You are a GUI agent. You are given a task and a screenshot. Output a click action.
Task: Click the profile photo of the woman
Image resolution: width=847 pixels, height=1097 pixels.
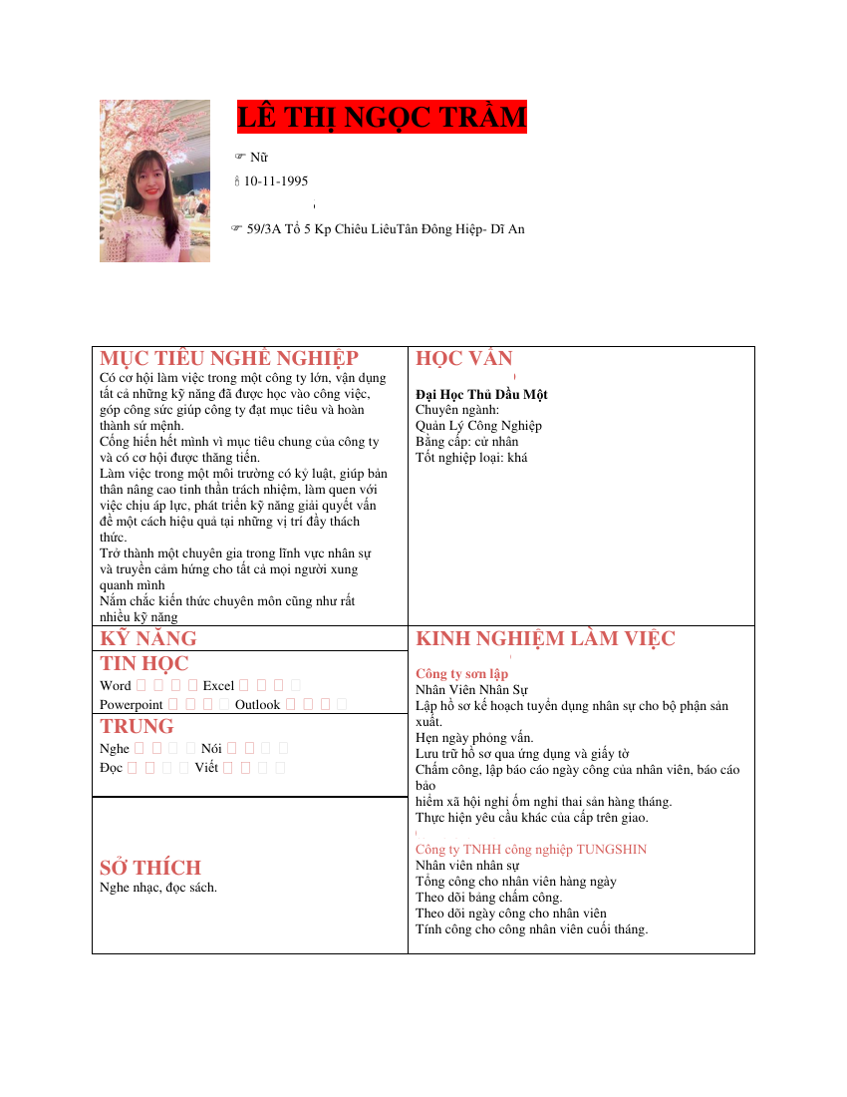[154, 181]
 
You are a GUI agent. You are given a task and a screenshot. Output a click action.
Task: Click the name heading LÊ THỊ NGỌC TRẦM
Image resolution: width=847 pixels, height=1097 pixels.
[382, 118]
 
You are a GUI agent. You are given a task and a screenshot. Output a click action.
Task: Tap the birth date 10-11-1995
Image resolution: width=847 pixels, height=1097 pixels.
[276, 182]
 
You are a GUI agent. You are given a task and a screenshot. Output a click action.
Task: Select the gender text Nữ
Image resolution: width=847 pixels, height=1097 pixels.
[258, 158]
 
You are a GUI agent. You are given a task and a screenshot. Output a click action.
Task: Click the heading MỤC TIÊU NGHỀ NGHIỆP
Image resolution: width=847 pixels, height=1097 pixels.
[229, 359]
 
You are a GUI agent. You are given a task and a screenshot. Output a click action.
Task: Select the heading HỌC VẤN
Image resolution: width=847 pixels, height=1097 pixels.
[464, 359]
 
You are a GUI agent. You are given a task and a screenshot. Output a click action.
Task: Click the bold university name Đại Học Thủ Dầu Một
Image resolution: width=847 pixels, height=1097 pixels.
[481, 394]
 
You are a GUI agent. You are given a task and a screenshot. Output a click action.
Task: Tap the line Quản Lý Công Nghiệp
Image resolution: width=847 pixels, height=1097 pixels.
[478, 426]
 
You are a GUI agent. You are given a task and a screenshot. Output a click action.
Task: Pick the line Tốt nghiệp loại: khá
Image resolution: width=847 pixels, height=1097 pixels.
[471, 458]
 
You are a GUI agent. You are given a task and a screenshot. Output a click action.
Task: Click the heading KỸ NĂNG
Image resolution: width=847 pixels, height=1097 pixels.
[148, 639]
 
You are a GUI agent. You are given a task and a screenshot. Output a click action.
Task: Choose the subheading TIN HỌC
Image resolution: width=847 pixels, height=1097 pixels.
[144, 664]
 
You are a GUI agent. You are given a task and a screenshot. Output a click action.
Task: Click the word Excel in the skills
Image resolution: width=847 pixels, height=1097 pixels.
[218, 686]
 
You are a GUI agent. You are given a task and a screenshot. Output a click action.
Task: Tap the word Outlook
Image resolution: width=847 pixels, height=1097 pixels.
[257, 705]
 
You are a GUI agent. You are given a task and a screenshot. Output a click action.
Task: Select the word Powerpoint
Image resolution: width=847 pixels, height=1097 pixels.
[132, 705]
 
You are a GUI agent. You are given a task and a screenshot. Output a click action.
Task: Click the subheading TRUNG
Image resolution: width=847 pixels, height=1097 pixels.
[137, 727]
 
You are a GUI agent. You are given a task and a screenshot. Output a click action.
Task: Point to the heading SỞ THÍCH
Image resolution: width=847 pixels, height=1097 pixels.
[150, 868]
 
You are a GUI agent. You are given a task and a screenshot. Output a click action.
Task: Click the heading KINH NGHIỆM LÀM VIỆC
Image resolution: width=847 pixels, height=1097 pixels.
[545, 639]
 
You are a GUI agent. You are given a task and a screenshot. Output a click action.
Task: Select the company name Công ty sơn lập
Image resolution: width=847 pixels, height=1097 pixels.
[461, 674]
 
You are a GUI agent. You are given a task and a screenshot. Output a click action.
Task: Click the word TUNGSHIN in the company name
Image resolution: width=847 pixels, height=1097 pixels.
[611, 850]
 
